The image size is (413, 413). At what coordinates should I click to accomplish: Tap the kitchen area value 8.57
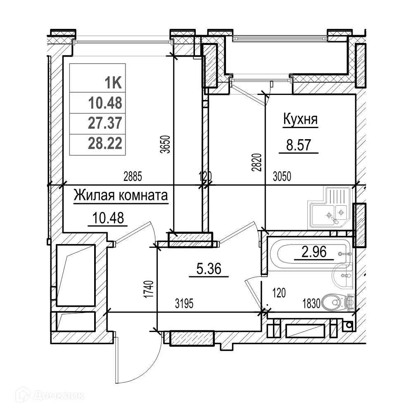(x=298, y=145)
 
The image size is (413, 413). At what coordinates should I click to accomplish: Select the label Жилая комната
(x=121, y=196)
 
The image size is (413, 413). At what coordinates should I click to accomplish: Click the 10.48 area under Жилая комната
(x=106, y=218)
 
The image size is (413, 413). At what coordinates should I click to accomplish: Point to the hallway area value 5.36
(x=209, y=270)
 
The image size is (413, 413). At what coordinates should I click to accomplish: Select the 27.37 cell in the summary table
(x=105, y=123)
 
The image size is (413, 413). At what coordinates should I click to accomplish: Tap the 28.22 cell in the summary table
(x=105, y=143)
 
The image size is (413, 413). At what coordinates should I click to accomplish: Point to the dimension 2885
(x=133, y=177)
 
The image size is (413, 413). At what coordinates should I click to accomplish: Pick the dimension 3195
(x=184, y=304)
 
